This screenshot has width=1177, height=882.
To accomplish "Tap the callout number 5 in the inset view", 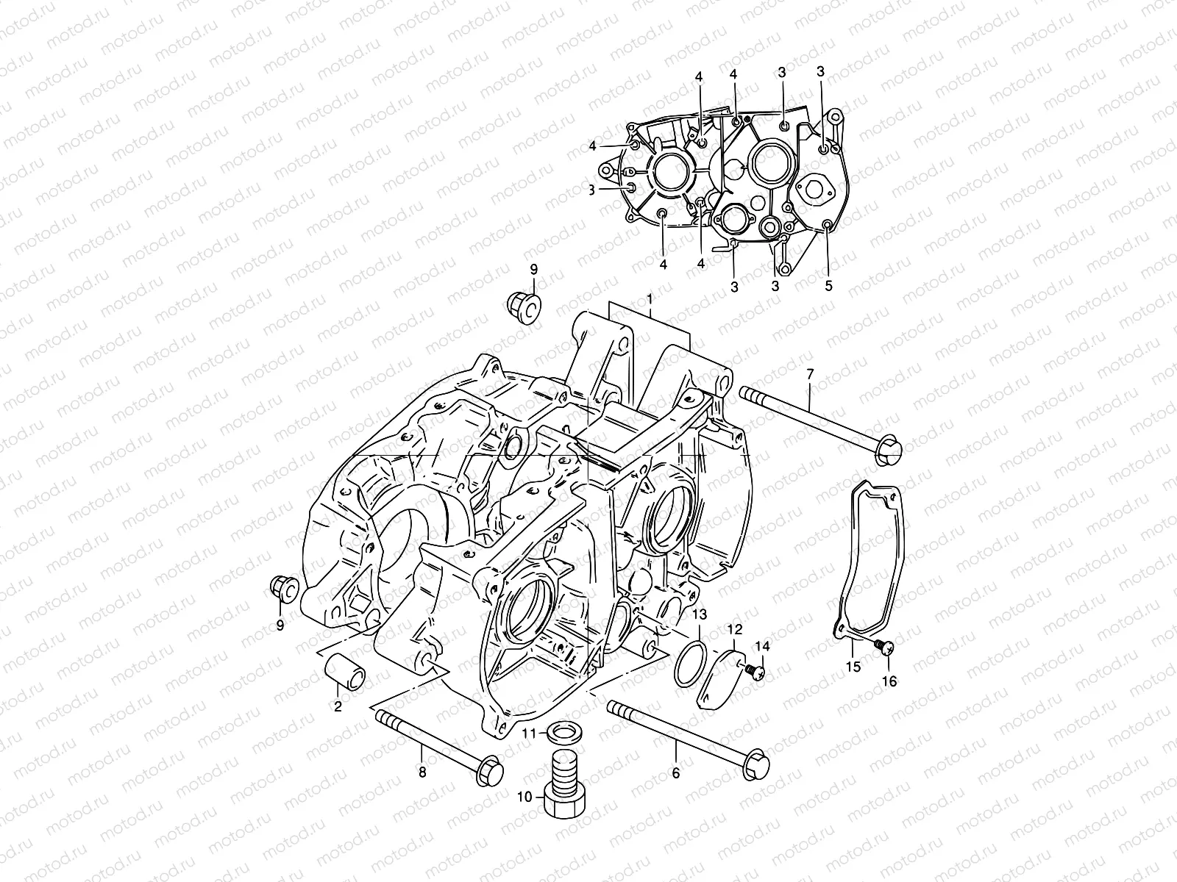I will pyautogui.click(x=828, y=286).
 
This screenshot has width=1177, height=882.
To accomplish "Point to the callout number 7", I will pyautogui.click(x=810, y=375).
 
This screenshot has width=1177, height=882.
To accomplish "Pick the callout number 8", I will pyautogui.click(x=422, y=772).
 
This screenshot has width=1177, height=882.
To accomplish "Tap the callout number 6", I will pyautogui.click(x=676, y=772).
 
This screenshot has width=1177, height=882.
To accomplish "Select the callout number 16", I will pyautogui.click(x=889, y=681).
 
